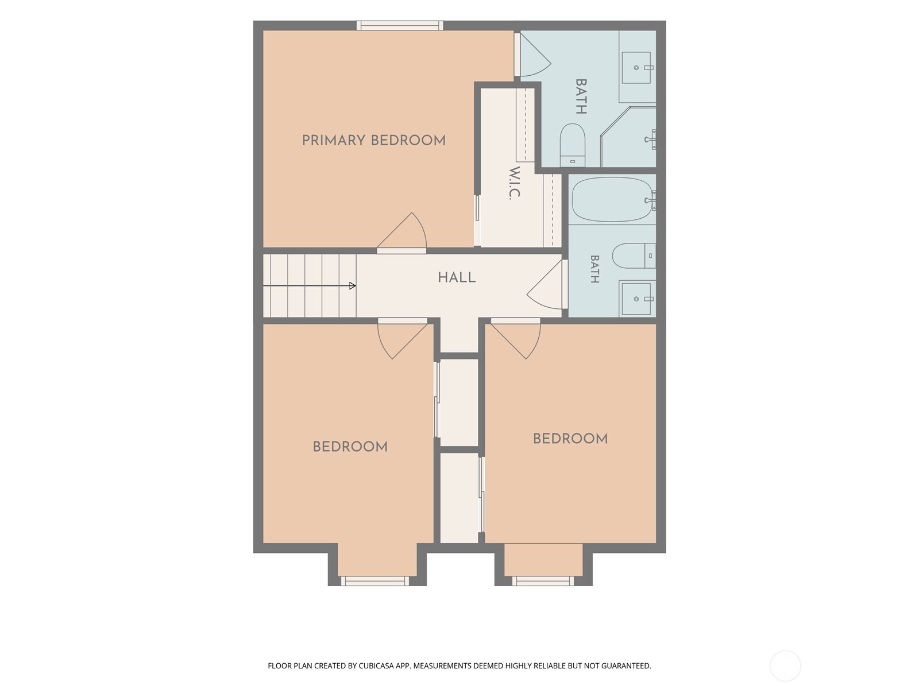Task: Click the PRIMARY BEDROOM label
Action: coord(373,140)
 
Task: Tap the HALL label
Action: coord(457,277)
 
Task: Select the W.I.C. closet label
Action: coord(515,183)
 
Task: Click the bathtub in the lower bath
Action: coord(612,199)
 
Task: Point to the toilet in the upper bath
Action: coord(572,145)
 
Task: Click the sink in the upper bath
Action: coord(636,67)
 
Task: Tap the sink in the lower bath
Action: coord(636,299)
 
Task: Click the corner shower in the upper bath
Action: coord(628,137)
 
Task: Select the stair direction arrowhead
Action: coord(353,286)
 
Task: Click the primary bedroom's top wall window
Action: coord(400,25)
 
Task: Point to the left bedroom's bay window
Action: coord(374,580)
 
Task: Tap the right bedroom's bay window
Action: coord(543,580)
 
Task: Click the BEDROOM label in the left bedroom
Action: coord(350,447)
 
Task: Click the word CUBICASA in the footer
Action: coord(376,665)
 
